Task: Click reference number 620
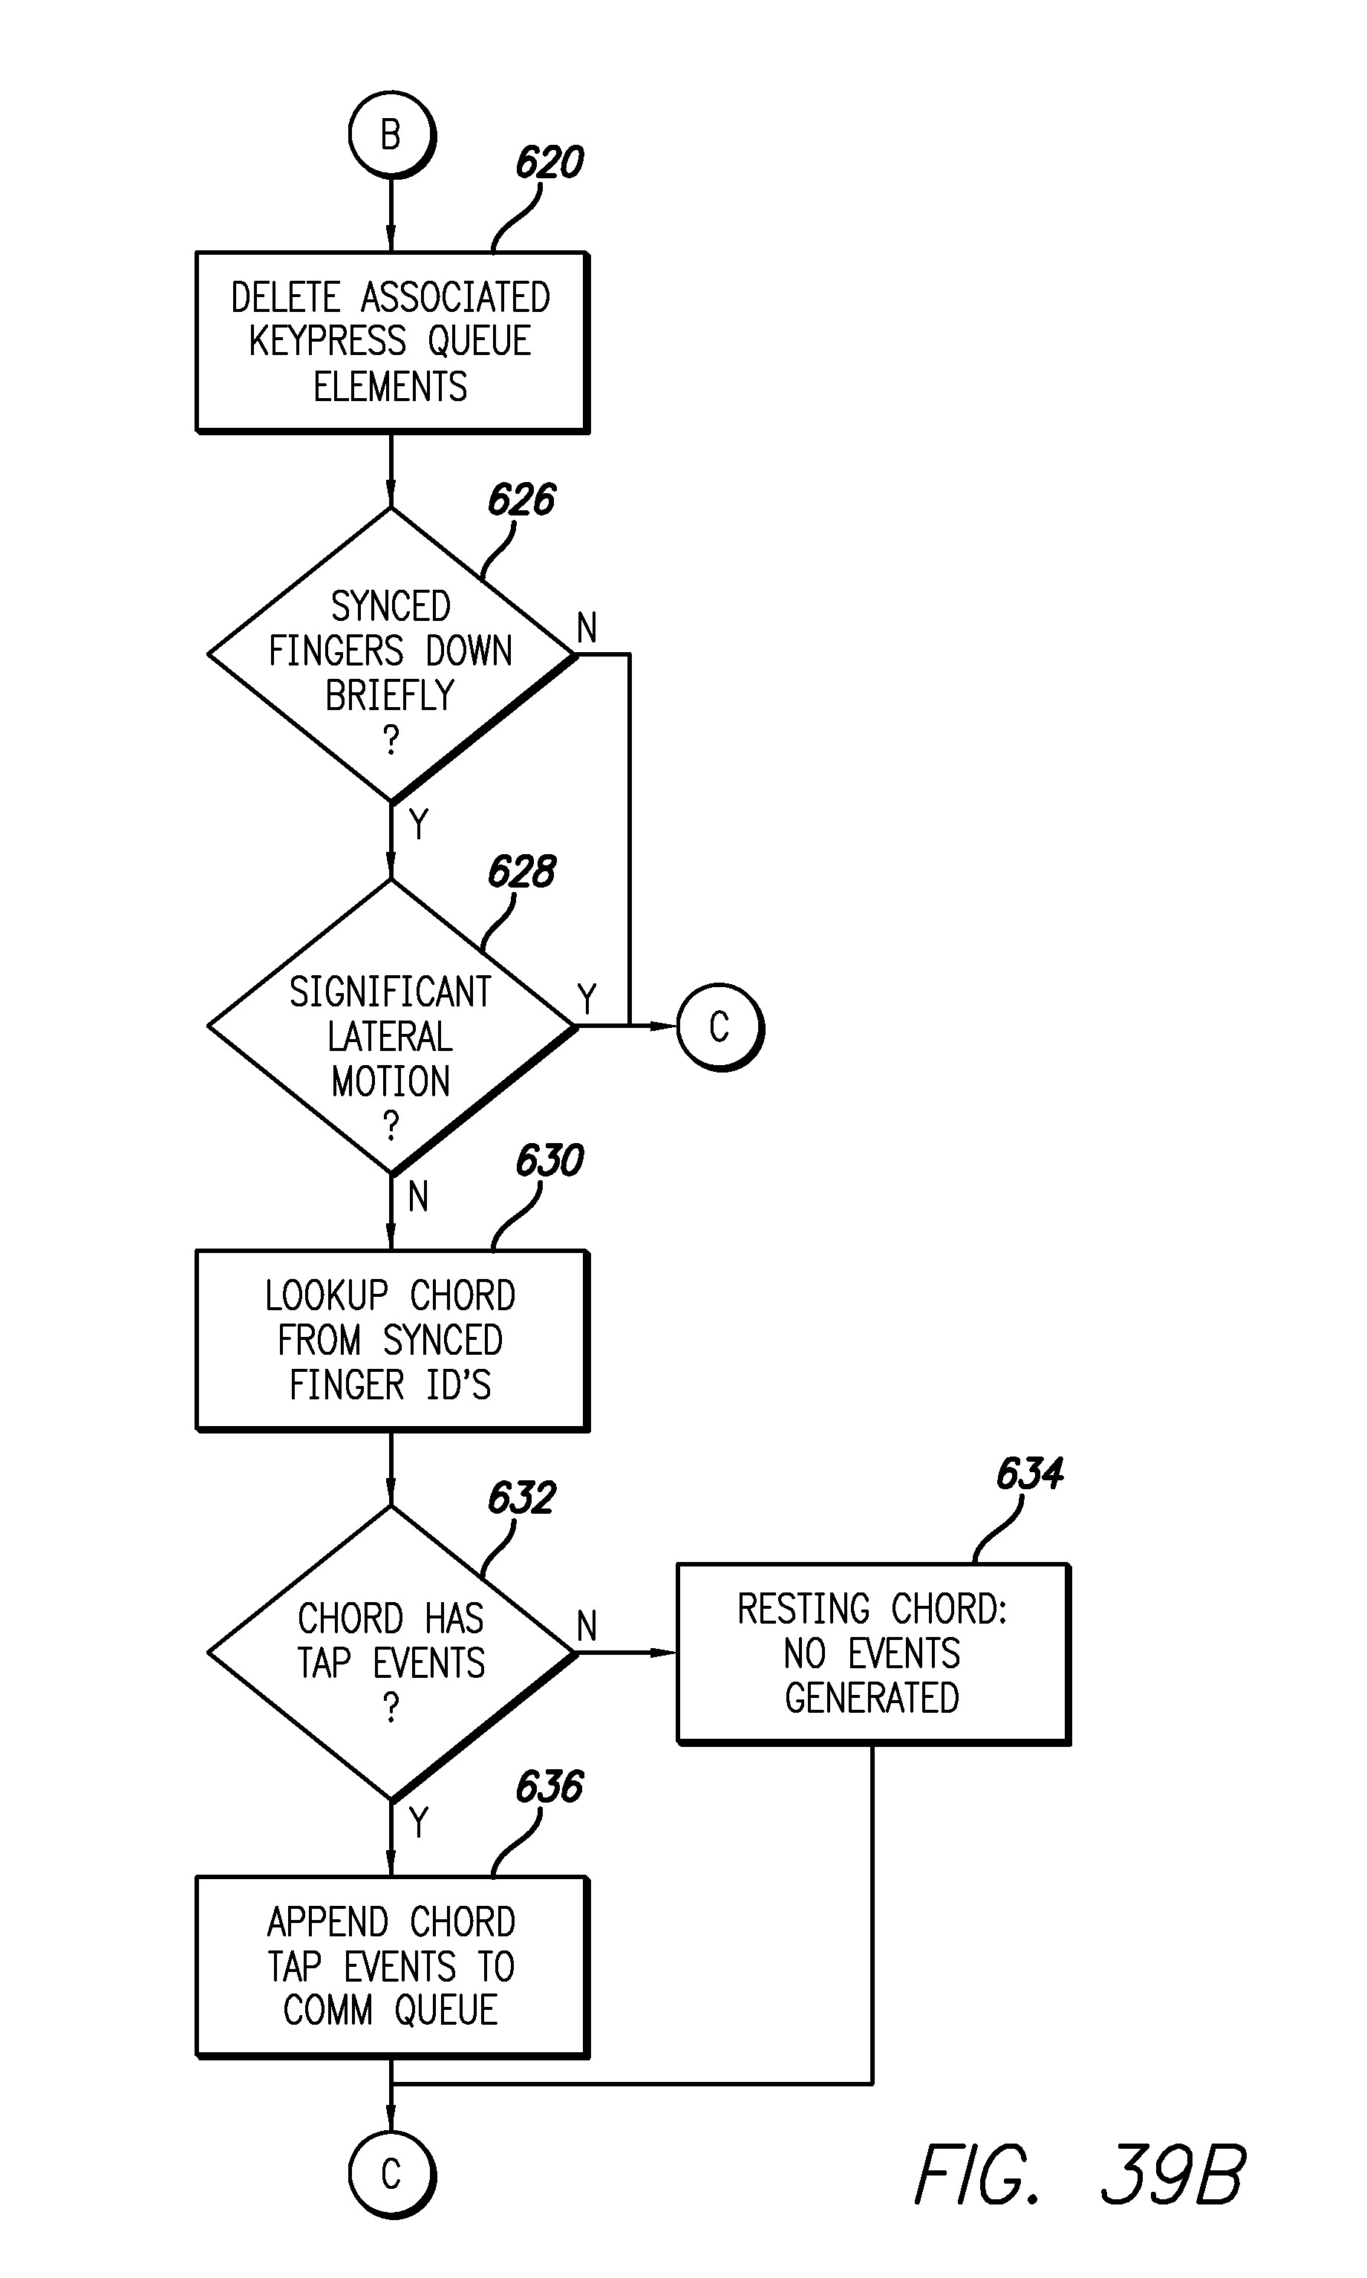[549, 163]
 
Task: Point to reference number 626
[521, 500]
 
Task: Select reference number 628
[521, 871]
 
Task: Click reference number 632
[521, 1498]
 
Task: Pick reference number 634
[1030, 1473]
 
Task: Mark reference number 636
[549, 1787]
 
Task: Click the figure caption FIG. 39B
[1080, 2176]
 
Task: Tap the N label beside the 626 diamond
[587, 628]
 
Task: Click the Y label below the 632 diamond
[419, 1822]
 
